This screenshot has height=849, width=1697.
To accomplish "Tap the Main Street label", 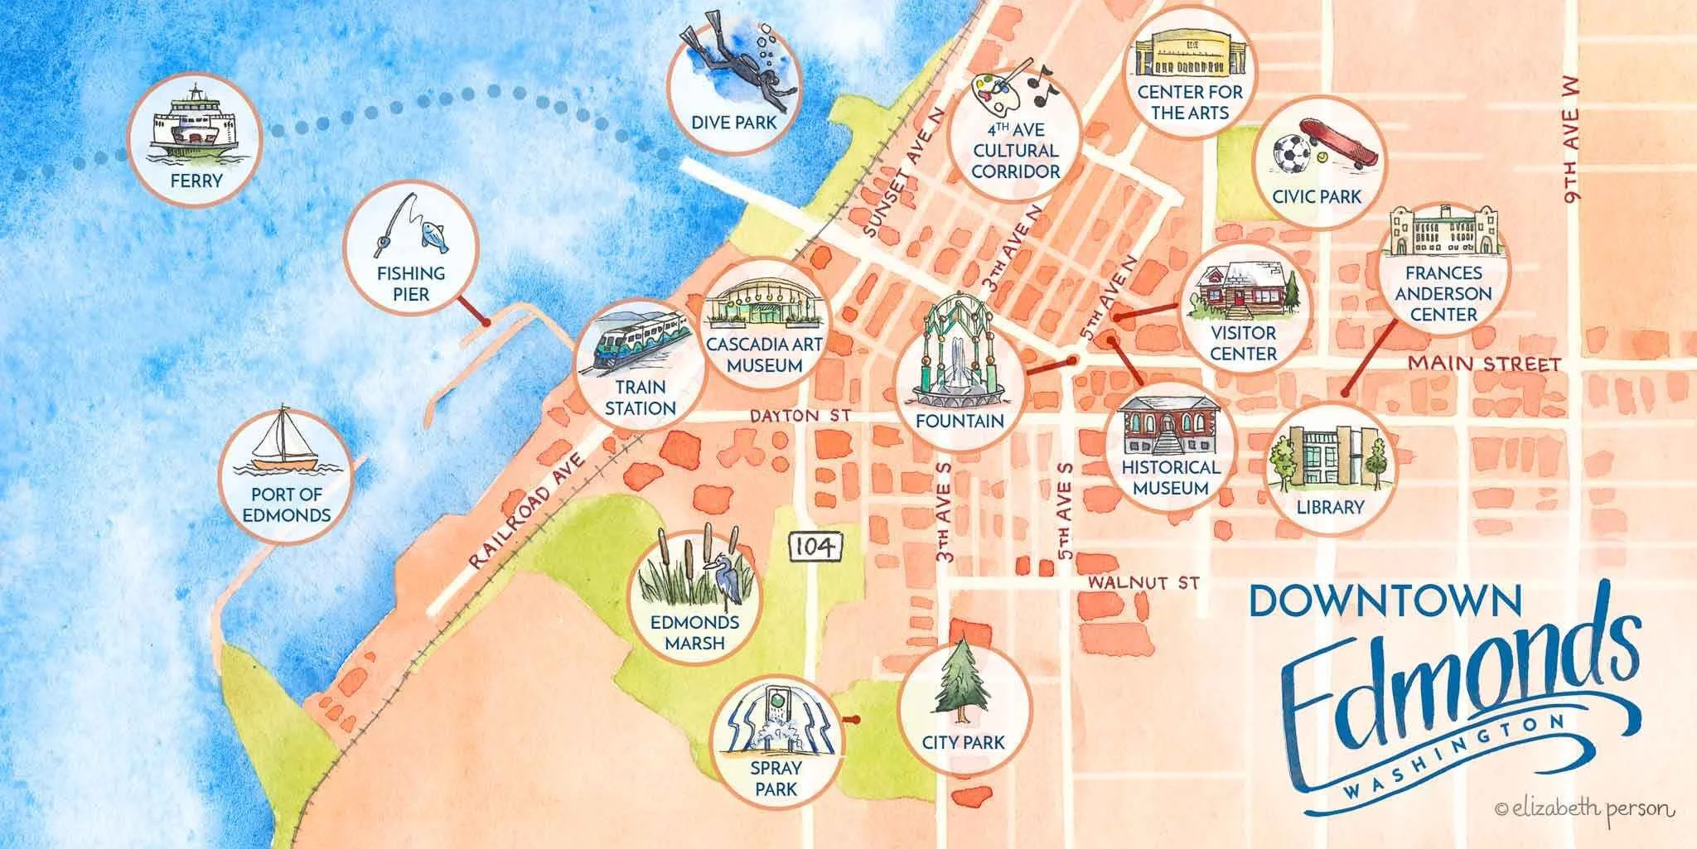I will click(x=1485, y=364).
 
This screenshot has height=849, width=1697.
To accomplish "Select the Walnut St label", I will click(x=1143, y=583).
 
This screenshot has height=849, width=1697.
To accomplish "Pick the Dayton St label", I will click(x=799, y=416).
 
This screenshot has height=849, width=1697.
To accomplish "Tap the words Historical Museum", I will click(x=1171, y=477).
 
